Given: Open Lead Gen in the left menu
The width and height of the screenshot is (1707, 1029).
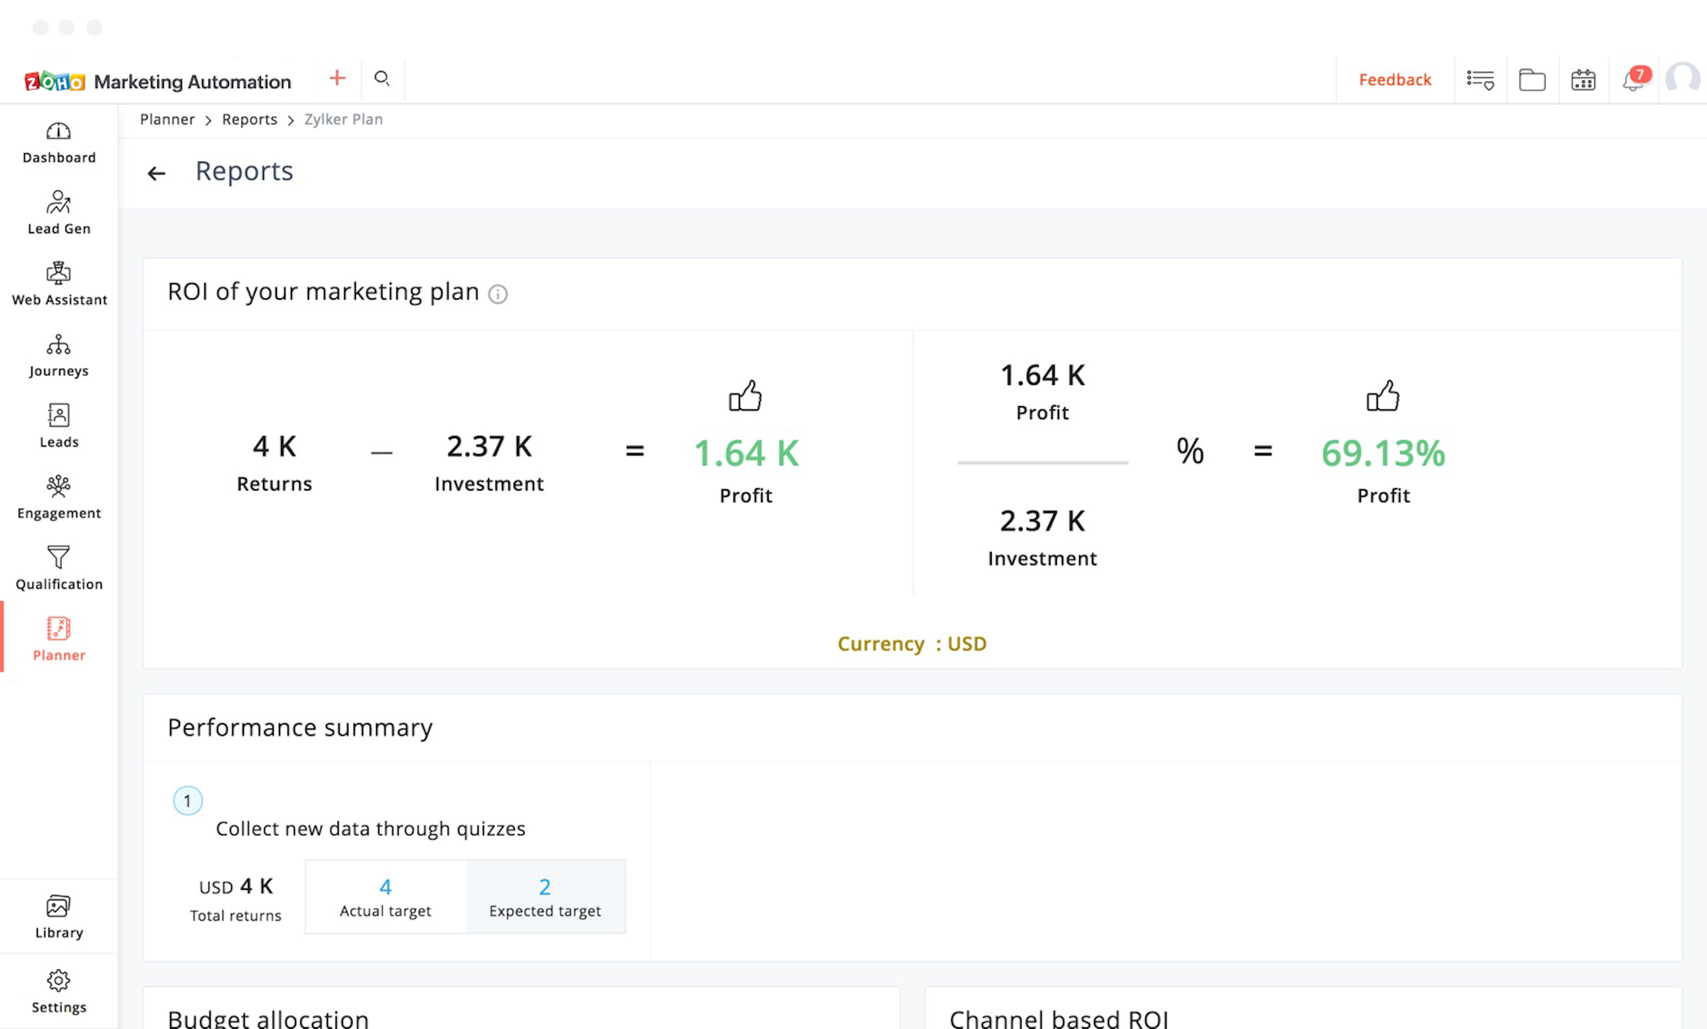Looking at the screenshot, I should pyautogui.click(x=59, y=213).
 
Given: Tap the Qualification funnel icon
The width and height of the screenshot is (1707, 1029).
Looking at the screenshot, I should pyautogui.click(x=59, y=557).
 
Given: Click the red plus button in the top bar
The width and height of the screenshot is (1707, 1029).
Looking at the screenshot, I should pyautogui.click(x=337, y=78).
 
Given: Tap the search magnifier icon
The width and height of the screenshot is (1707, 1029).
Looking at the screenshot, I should pyautogui.click(x=382, y=78).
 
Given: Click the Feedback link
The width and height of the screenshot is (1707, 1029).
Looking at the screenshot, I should pyautogui.click(x=1395, y=80).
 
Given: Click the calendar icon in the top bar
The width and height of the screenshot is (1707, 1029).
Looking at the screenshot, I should pyautogui.click(x=1583, y=80).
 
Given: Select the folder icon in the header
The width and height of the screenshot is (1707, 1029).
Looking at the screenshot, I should pyautogui.click(x=1532, y=80).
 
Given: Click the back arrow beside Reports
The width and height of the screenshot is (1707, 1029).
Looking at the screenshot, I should pyautogui.click(x=157, y=173).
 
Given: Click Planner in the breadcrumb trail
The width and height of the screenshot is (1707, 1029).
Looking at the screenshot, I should pyautogui.click(x=167, y=119).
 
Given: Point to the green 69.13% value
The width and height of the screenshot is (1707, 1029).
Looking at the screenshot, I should pyautogui.click(x=1383, y=453).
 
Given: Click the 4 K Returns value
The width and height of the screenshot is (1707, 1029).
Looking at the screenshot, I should pyautogui.click(x=274, y=447).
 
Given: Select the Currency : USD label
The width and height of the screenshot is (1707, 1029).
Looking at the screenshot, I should pyautogui.click(x=912, y=644).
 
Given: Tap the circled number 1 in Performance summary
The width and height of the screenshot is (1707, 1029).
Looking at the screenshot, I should pyautogui.click(x=187, y=801).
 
